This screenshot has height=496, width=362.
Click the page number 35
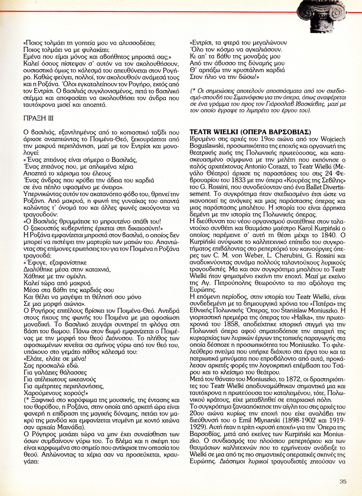point(343,481)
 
